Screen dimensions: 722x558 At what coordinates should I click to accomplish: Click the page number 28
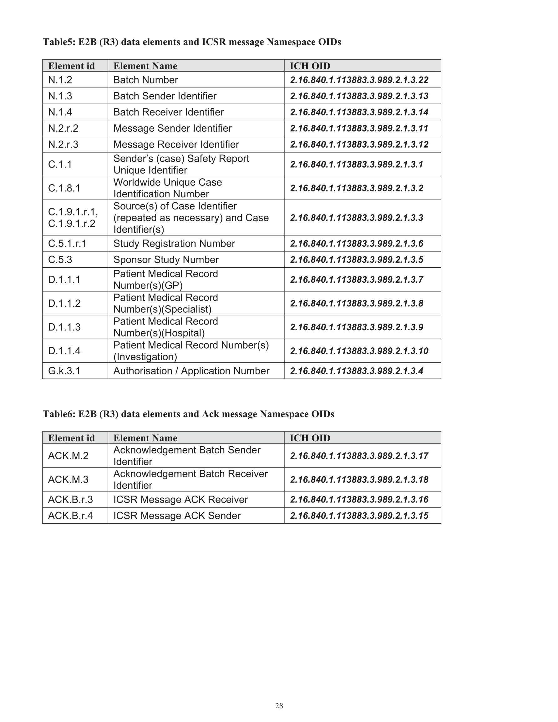tap(279, 706)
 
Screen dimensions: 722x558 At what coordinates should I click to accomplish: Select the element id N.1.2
tap(60, 80)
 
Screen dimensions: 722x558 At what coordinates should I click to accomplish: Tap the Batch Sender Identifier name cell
tap(165, 96)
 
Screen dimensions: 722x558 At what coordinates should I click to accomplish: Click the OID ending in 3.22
tap(359, 80)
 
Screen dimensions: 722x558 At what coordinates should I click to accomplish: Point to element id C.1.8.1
tap(64, 188)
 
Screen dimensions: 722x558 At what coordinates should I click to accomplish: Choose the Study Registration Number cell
tap(174, 244)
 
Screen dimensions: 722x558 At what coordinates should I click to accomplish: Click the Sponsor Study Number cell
tap(166, 260)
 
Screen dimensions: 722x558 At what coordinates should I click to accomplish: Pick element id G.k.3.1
tap(64, 371)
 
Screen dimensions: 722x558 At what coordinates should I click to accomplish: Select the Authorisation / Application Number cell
tap(191, 371)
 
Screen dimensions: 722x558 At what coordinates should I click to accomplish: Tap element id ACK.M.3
tap(68, 479)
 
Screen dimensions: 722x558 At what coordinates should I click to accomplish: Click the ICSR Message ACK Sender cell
tap(177, 516)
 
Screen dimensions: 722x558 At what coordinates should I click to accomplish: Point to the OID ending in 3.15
tap(359, 516)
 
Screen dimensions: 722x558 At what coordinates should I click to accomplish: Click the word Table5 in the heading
tap(59, 42)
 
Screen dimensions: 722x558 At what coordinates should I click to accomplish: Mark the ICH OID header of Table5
tap(310, 66)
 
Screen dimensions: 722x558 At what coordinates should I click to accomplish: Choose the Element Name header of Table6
tap(145, 438)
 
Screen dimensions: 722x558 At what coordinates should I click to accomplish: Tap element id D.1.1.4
tap(64, 351)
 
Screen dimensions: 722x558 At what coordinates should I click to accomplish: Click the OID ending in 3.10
tap(359, 351)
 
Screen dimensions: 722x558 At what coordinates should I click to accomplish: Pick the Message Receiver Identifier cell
tap(176, 144)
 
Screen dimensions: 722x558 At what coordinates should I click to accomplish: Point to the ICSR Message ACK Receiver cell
tap(180, 499)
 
